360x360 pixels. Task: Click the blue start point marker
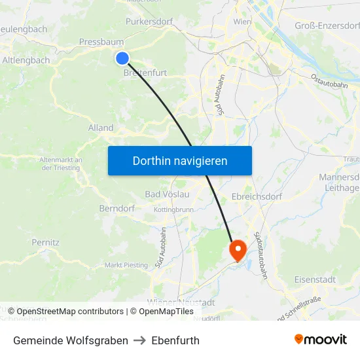coord(122,58)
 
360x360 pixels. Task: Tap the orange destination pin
coord(236,248)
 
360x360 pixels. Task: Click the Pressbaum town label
coord(98,42)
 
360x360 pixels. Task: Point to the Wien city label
coord(242,22)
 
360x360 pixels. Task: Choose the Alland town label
coord(101,128)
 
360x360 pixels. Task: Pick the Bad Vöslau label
coord(167,194)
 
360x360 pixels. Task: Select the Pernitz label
coord(46,242)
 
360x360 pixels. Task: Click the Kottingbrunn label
coord(173,209)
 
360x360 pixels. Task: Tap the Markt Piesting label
coord(126,265)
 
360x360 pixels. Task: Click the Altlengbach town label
coord(26,60)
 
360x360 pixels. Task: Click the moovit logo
coord(320,340)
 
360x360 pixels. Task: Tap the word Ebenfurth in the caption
coord(175,340)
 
